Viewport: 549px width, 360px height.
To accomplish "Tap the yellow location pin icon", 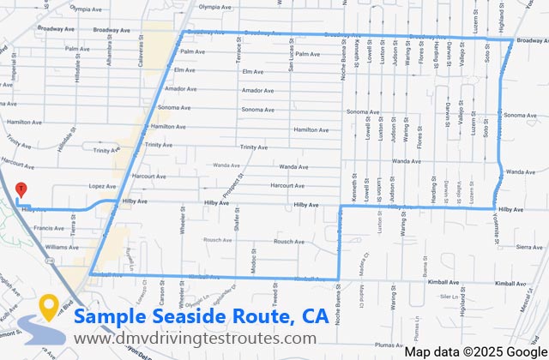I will click(48, 307).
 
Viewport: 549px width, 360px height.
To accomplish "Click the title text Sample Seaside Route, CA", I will click(201, 316).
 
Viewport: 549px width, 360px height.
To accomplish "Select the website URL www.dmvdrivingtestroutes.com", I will click(195, 339).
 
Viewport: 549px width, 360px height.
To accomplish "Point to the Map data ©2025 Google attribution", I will click(475, 351).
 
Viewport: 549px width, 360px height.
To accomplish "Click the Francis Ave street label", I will click(48, 228).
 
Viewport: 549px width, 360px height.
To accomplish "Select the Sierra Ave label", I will click(518, 246).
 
